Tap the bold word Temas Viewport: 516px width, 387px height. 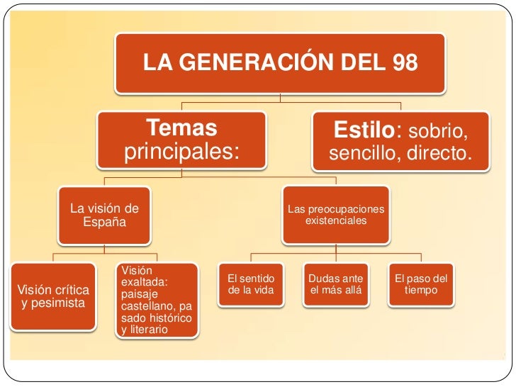tap(181, 130)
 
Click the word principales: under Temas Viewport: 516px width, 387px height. tap(181, 152)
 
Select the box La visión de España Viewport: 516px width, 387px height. tap(104, 215)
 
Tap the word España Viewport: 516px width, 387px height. tap(104, 222)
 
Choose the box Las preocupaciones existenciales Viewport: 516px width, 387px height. tap(336, 215)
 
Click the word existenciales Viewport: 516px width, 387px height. tap(336, 221)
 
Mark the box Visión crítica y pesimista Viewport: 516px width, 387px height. tap(53, 296)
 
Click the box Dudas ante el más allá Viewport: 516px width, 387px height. tap(336, 285)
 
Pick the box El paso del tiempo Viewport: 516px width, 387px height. tap(421, 285)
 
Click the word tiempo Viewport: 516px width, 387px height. tap(421, 291)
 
